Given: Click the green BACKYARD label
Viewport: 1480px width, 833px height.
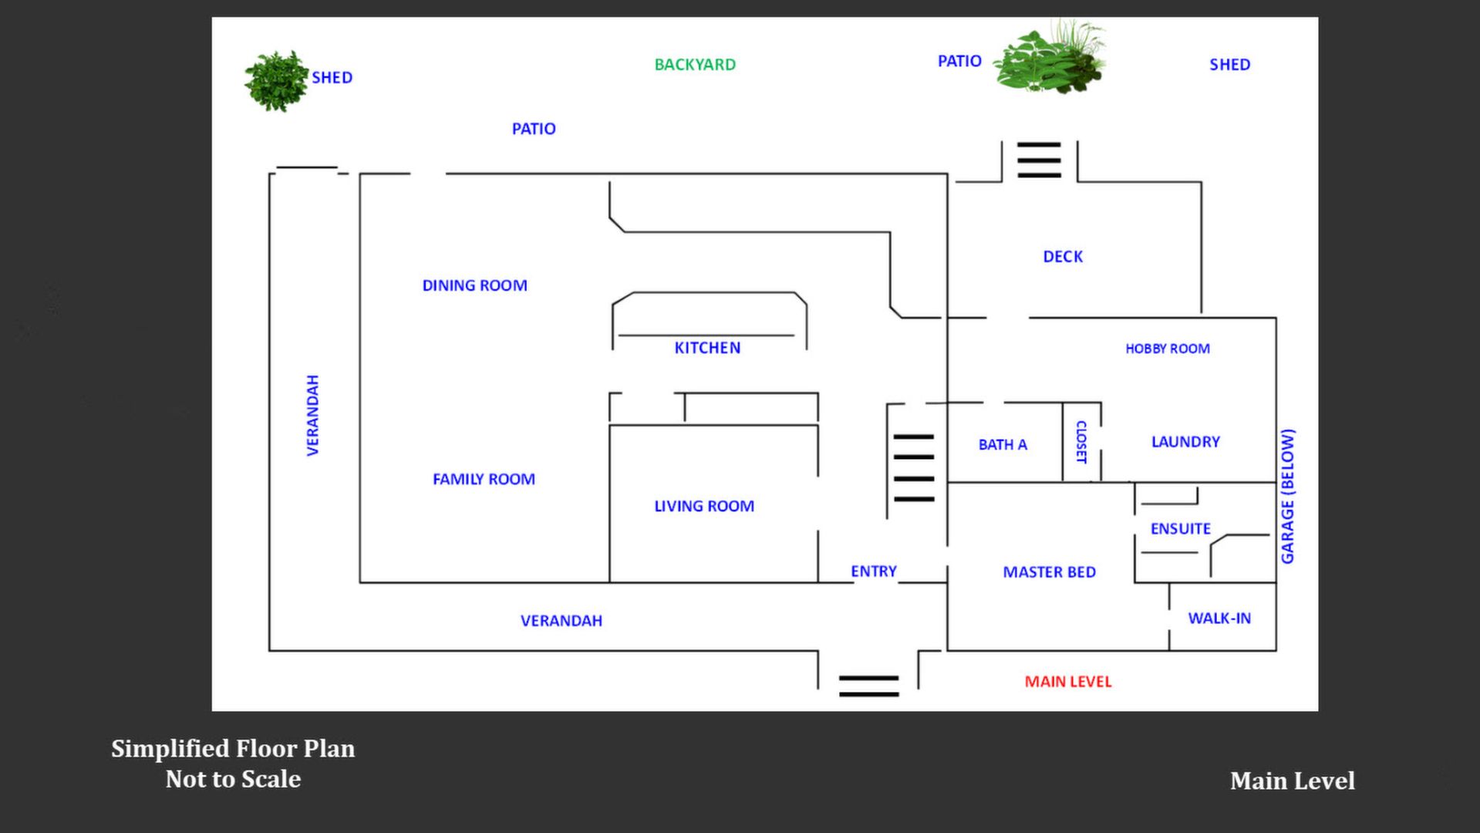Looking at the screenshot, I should (694, 65).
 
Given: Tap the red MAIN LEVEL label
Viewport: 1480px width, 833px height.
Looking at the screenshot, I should (1067, 682).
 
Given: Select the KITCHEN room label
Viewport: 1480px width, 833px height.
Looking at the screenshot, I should (707, 348).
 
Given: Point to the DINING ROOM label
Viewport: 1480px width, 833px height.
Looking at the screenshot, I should (474, 285).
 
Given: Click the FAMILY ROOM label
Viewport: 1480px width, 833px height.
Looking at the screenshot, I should (484, 479).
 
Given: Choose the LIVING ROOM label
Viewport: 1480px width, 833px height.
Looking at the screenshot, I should (703, 506).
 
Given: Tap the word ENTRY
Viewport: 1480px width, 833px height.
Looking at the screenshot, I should (873, 572).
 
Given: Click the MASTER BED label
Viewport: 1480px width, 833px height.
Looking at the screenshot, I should (1049, 572).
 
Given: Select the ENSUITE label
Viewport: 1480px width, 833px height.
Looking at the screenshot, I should (1180, 529).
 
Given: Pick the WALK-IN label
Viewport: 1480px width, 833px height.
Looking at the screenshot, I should (1219, 619).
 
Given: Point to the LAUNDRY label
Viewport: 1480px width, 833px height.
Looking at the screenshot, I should (1185, 442).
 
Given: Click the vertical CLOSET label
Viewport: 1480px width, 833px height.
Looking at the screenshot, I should (1081, 442).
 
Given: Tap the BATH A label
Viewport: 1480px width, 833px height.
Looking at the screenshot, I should (1003, 445).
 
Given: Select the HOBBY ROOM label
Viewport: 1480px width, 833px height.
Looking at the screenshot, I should (1167, 349).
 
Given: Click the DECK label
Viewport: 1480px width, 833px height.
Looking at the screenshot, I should (1063, 257).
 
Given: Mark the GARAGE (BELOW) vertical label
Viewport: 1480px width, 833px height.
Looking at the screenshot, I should (1287, 496).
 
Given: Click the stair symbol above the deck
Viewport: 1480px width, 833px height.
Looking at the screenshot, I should (1039, 160).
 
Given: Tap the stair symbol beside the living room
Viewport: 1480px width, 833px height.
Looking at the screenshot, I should (914, 468).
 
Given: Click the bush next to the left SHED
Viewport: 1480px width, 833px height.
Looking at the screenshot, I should (275, 81).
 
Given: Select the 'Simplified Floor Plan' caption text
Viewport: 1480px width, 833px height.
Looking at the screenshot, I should (233, 749).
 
